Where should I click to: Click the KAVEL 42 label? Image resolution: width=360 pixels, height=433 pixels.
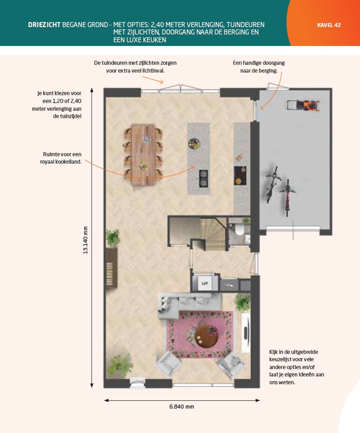(329, 25)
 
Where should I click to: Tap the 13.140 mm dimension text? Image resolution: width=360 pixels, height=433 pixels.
(86, 240)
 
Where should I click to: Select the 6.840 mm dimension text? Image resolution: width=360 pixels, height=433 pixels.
(182, 406)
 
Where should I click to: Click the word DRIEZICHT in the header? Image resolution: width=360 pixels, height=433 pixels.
(44, 25)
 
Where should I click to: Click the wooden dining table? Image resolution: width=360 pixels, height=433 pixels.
(143, 155)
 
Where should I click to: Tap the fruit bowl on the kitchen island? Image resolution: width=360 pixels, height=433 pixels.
(194, 143)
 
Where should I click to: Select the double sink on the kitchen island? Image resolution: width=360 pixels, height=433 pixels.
(204, 178)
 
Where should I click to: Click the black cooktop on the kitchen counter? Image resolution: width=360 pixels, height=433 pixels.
(240, 176)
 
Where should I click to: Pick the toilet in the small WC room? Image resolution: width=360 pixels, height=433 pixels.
(239, 229)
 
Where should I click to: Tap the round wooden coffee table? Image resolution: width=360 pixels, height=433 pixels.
(206, 336)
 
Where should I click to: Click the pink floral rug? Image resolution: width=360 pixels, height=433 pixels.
(200, 335)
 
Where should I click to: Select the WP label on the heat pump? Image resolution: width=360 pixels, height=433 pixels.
(205, 283)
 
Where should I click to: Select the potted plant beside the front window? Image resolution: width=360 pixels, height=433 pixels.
(120, 365)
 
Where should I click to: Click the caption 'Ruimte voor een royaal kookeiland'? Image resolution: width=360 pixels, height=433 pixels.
(61, 158)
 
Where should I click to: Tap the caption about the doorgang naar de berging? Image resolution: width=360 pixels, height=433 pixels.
(258, 67)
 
